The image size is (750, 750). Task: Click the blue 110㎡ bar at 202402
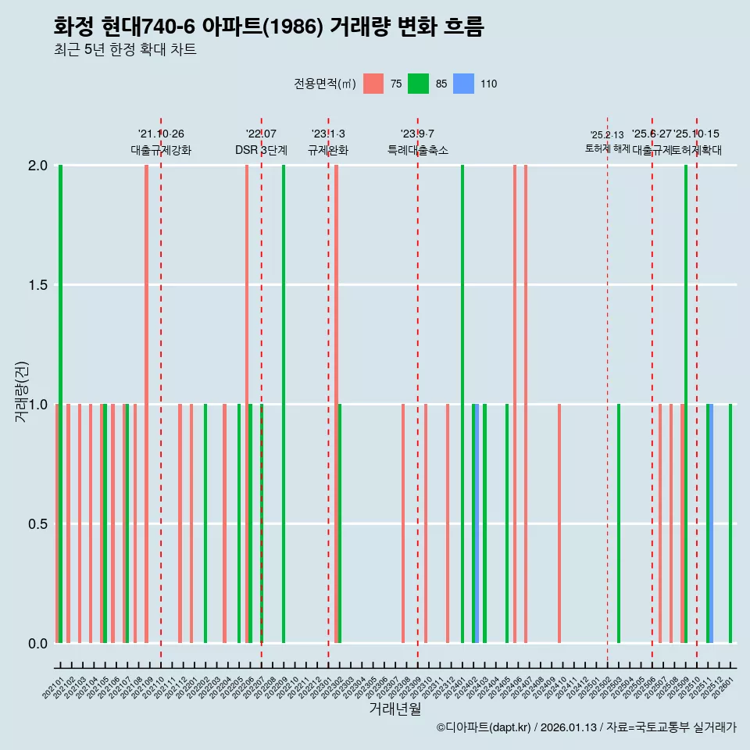point(477,523)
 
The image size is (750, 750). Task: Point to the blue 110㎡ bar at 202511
point(712,523)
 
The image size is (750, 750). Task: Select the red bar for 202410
point(559,523)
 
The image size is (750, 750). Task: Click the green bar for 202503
point(619,523)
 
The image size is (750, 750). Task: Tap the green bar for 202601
point(730,523)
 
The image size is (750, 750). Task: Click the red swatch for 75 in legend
point(374,84)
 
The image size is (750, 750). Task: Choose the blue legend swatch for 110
point(464,84)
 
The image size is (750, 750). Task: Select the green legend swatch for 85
point(419,84)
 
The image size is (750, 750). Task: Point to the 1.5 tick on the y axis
point(37,285)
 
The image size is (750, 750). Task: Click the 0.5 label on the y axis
point(37,523)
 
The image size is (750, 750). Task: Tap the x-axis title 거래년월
point(395,709)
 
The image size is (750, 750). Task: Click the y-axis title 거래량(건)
point(22,392)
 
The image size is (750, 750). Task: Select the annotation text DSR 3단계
point(261,150)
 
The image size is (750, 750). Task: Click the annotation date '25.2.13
point(607,135)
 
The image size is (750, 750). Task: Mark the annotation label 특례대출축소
point(418,150)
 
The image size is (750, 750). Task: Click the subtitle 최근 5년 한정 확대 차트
point(125,50)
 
